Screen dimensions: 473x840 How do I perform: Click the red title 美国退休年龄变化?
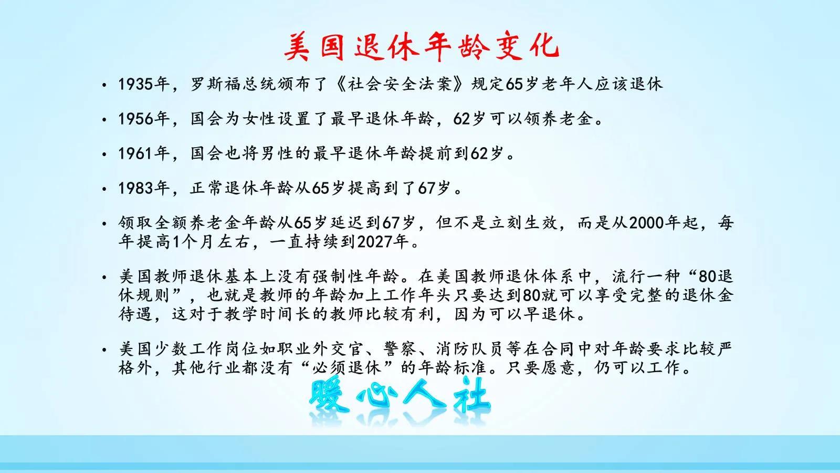[x=421, y=46]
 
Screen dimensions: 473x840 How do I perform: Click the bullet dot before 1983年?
[x=105, y=189]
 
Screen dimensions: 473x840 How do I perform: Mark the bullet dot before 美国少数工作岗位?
[x=105, y=349]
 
